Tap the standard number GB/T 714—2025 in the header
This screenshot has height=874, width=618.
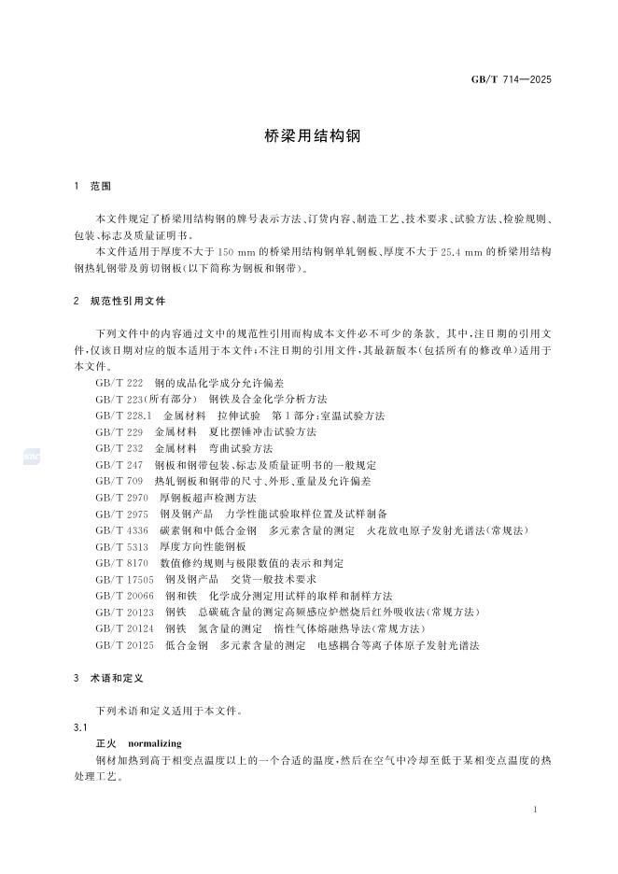coord(511,79)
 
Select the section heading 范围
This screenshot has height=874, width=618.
coord(101,187)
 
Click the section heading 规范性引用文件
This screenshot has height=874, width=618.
coord(128,302)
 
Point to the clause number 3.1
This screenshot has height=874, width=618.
coord(79,726)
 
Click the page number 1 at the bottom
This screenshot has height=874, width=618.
coord(535,810)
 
